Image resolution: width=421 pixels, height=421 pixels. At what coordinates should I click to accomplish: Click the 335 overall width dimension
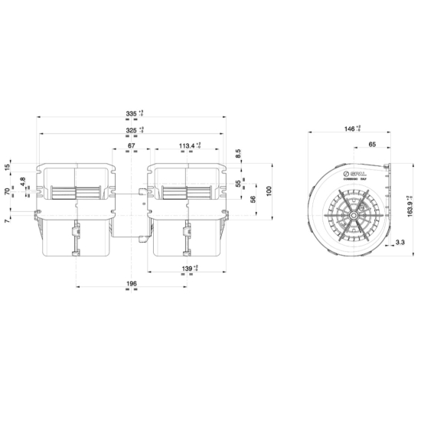(x=132, y=114)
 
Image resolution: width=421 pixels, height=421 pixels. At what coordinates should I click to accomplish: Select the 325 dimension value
(x=132, y=130)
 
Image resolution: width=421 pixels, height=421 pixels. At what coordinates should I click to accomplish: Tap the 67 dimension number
(x=132, y=145)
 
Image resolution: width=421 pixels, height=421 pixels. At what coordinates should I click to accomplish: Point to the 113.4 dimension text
(x=186, y=145)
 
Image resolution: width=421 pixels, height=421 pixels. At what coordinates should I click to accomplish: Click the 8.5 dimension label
(x=238, y=153)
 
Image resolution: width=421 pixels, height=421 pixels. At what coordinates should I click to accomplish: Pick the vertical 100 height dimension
(x=269, y=190)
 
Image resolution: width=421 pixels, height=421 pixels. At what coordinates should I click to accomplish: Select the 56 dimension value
(x=253, y=199)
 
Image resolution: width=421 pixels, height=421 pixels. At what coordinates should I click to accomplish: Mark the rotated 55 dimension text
(x=238, y=184)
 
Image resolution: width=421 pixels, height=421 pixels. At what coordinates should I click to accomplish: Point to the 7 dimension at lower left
(x=8, y=220)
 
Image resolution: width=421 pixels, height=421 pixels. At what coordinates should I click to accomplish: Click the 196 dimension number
(x=131, y=284)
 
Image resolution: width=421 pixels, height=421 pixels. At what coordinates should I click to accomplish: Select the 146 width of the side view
(x=350, y=129)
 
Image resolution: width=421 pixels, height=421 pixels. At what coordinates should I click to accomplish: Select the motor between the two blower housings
(x=131, y=205)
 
